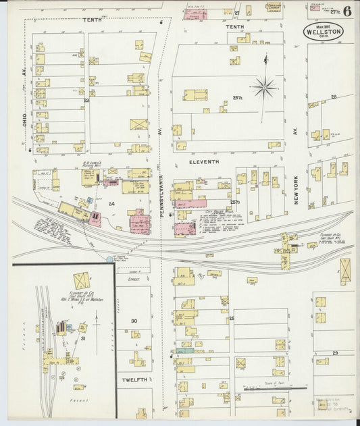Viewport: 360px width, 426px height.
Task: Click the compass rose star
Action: pyautogui.click(x=264, y=87)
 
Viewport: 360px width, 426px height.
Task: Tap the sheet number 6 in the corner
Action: pyautogui.click(x=346, y=11)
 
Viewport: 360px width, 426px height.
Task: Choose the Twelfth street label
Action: pyautogui.click(x=134, y=381)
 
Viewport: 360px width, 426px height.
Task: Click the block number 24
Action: pyautogui.click(x=111, y=203)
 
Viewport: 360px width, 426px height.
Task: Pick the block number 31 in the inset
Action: pyautogui.click(x=83, y=339)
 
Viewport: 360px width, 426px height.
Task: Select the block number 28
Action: pyautogui.click(x=334, y=97)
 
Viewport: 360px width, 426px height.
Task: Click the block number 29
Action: pyautogui.click(x=334, y=353)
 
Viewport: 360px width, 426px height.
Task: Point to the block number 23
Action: pyautogui.click(x=86, y=101)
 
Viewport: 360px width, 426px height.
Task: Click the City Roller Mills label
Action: pyautogui.click(x=217, y=211)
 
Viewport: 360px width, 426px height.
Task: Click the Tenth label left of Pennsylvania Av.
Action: pyautogui.click(x=93, y=20)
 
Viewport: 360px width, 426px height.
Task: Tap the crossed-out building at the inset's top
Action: pyautogui.click(x=82, y=280)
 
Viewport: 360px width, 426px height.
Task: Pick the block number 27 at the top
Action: pyautogui.click(x=237, y=12)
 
